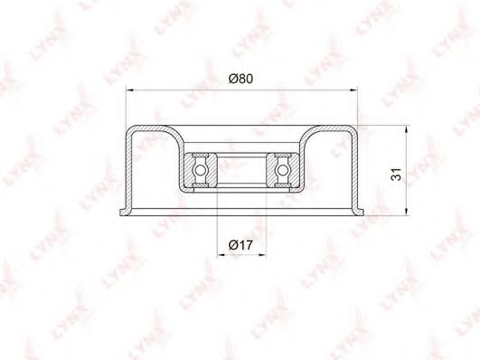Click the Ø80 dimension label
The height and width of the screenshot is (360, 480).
click(x=241, y=79)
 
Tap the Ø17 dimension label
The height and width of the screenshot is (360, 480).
click(x=241, y=245)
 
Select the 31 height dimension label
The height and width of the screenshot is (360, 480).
click(x=396, y=174)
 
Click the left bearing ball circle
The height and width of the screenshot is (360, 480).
click(x=200, y=169)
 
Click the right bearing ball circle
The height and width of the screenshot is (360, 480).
click(x=282, y=169)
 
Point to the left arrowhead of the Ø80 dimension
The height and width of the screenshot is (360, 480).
click(x=130, y=90)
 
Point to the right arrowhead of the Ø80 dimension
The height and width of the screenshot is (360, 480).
click(x=353, y=90)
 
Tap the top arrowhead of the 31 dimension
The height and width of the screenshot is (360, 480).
click(x=406, y=129)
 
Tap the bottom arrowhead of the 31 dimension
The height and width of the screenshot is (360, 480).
click(x=406, y=212)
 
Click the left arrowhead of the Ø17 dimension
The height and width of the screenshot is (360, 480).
click(x=221, y=254)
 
